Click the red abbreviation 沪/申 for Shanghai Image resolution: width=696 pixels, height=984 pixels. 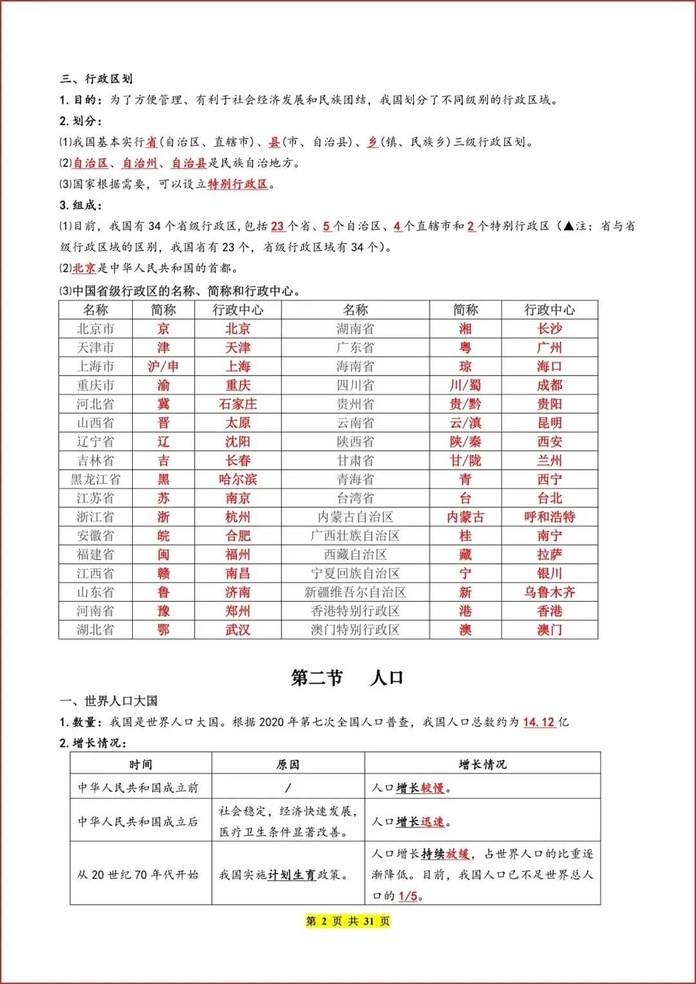tap(163, 367)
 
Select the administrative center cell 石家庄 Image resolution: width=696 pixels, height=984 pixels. tap(238, 404)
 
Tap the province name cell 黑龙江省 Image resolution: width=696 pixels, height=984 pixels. tap(95, 479)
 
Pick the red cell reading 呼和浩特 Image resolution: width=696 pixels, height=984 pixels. tap(550, 517)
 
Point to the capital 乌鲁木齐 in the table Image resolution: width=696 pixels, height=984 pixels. tap(550, 592)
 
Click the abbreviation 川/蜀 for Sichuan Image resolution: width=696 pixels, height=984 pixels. tap(465, 385)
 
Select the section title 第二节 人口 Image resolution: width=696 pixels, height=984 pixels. tap(347, 678)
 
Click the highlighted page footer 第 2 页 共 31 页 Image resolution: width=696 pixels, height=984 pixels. tap(348, 921)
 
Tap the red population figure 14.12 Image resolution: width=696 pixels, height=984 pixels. tap(539, 722)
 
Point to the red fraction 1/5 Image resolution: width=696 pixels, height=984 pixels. tap(408, 896)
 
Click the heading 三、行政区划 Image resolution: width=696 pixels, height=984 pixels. tap(97, 79)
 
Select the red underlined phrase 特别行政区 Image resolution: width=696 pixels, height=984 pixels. tap(238, 184)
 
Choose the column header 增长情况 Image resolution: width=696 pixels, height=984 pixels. tap(483, 765)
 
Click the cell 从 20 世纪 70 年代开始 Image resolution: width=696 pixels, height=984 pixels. tap(138, 874)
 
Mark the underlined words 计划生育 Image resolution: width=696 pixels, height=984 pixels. tap(291, 874)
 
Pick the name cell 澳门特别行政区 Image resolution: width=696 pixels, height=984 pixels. tap(355, 630)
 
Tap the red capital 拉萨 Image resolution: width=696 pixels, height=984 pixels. tap(550, 555)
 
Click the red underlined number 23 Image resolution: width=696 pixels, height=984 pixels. tap(278, 226)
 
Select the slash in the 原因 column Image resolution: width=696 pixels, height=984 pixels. tap(288, 787)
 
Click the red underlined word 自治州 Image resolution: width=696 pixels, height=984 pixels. tap(140, 163)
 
